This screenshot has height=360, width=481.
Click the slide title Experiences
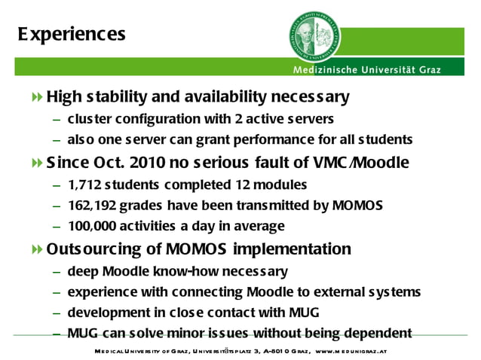click(72, 35)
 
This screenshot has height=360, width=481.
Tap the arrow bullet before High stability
click(38, 98)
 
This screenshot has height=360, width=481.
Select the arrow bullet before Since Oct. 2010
click(38, 163)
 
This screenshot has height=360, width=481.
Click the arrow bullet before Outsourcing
click(38, 249)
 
